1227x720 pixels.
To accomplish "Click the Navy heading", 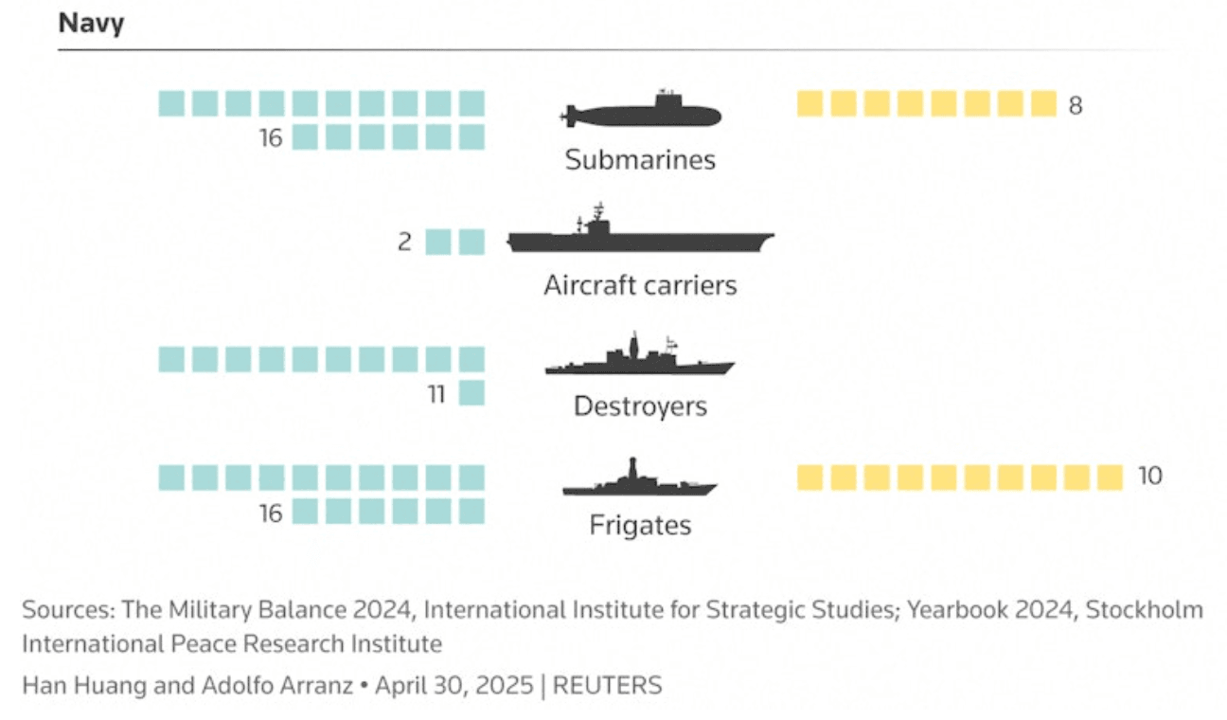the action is pyautogui.click(x=91, y=24).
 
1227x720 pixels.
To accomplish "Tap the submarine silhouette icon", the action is pyautogui.click(x=640, y=110).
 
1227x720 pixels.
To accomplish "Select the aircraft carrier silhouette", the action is pyautogui.click(x=640, y=228).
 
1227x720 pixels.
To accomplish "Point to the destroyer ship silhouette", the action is pyautogui.click(x=640, y=354).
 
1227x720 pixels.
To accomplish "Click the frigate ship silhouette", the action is pyautogui.click(x=640, y=477).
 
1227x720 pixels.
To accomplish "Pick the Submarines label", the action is pyautogui.click(x=640, y=160).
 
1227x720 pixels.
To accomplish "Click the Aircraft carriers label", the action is pyautogui.click(x=640, y=285).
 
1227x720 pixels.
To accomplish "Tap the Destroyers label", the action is pyautogui.click(x=640, y=406).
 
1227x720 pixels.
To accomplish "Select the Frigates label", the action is pyautogui.click(x=640, y=525).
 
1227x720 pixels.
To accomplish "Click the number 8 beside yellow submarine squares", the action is pyautogui.click(x=1076, y=105).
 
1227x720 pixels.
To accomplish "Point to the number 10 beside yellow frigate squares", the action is pyautogui.click(x=1149, y=476).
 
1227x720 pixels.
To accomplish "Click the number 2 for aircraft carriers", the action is pyautogui.click(x=405, y=242).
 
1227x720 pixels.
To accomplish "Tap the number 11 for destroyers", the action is pyautogui.click(x=436, y=394).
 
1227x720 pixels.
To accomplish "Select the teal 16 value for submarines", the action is pyautogui.click(x=271, y=138).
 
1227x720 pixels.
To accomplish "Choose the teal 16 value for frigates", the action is pyautogui.click(x=271, y=513).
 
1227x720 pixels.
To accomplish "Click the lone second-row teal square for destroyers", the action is pyautogui.click(x=471, y=393).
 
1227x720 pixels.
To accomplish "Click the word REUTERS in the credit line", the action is pyautogui.click(x=607, y=686).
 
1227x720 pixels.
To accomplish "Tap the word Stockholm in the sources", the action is pyautogui.click(x=1145, y=610).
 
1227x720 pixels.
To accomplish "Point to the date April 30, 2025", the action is pyautogui.click(x=454, y=686).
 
